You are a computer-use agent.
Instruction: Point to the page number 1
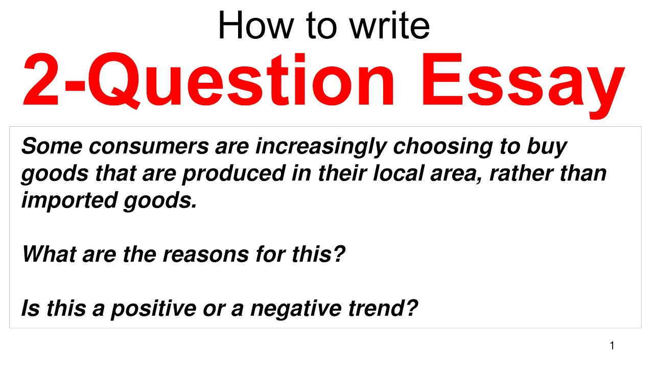click(x=612, y=346)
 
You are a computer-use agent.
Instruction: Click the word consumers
click(x=148, y=147)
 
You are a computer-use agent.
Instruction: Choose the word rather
click(x=522, y=173)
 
